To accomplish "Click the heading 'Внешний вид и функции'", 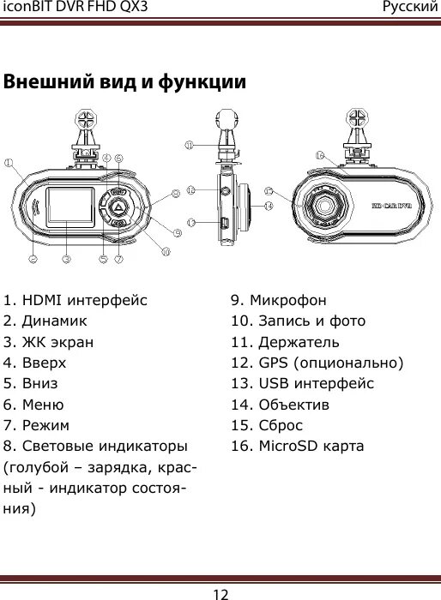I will coord(124,83).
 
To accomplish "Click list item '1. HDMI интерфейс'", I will coord(76,301).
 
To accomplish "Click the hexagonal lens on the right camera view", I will coord(326,207).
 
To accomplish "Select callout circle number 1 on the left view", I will coord(9,161).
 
